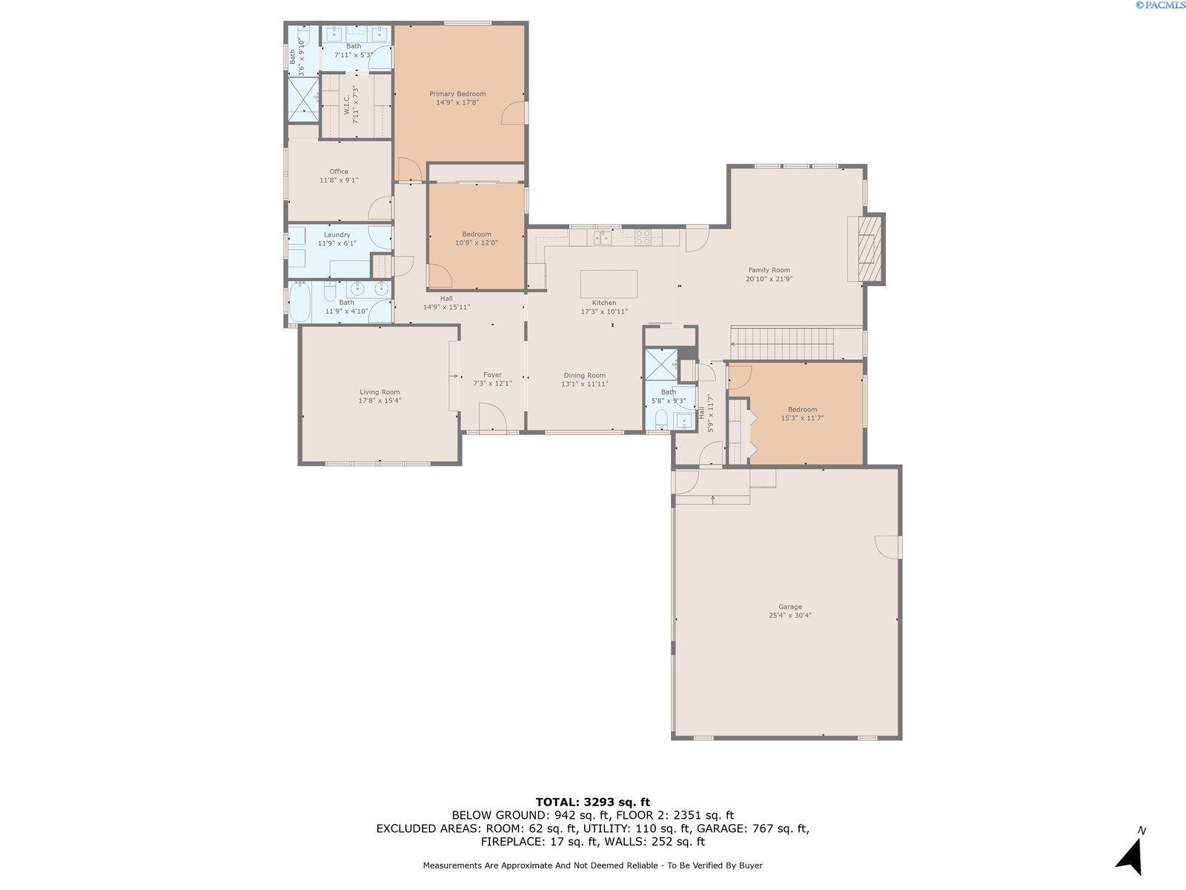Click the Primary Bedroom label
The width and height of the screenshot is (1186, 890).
click(457, 93)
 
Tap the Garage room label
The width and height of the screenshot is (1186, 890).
click(790, 606)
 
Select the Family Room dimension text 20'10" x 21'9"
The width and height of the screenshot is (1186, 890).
click(769, 279)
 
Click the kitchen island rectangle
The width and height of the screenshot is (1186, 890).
click(609, 284)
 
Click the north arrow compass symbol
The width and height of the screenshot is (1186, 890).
click(1131, 855)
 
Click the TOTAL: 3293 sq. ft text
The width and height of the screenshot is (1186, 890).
click(593, 802)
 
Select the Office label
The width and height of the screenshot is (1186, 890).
click(339, 171)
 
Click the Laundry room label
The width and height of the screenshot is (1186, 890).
click(337, 234)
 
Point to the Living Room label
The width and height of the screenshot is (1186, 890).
click(380, 392)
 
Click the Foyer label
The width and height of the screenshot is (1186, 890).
click(492, 375)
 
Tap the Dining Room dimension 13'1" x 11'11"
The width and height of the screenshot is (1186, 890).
click(585, 383)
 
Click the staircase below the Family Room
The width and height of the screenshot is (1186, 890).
click(782, 343)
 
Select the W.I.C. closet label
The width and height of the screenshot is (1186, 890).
click(346, 105)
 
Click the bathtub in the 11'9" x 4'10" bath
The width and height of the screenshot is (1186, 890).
click(299, 302)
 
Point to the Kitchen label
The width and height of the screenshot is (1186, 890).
click(603, 303)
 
